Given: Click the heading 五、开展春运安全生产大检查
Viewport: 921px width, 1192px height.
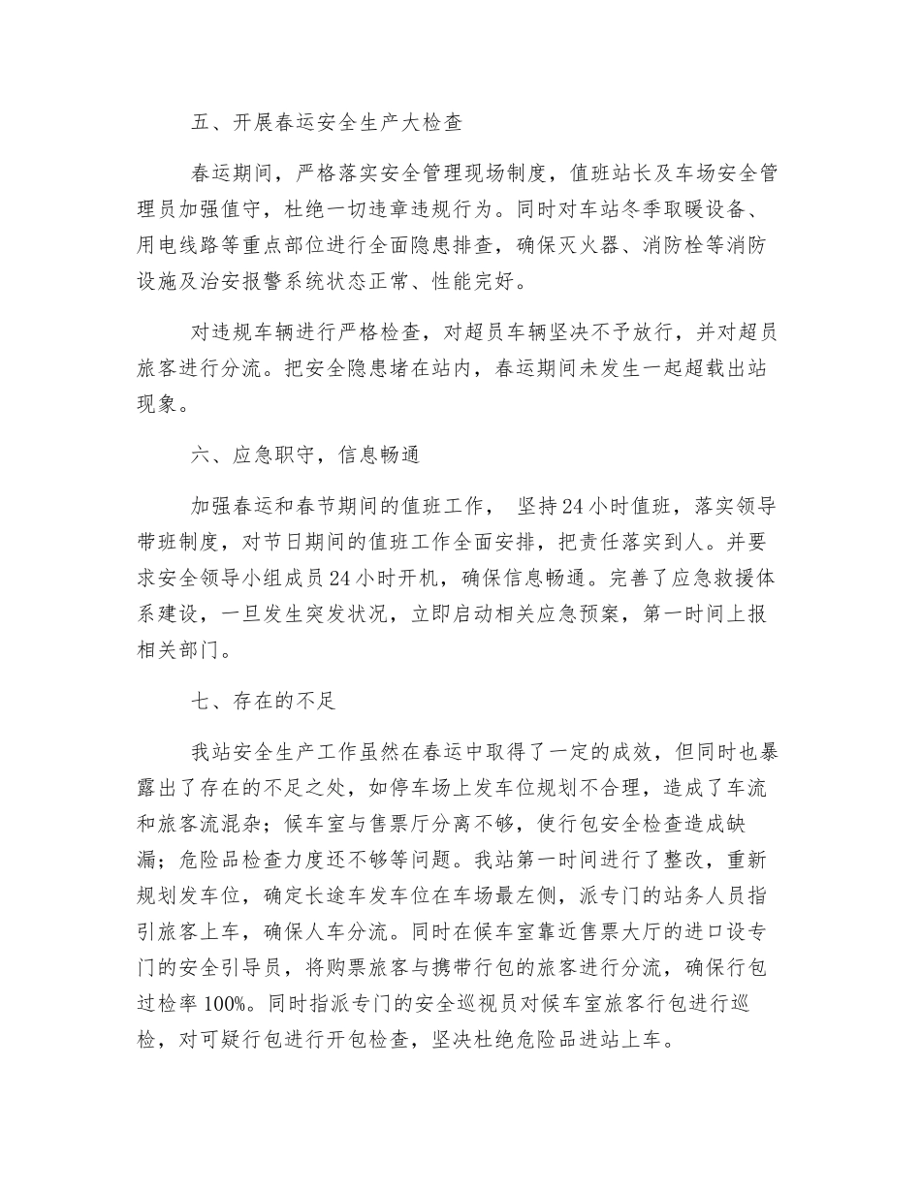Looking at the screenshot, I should [327, 123].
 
